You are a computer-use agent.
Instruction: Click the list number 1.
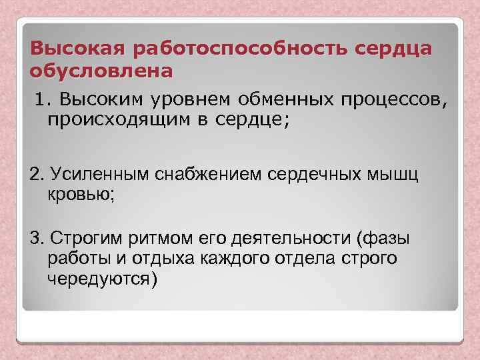point(43,100)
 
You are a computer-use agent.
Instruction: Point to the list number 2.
point(36,175)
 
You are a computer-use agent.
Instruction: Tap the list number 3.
point(36,238)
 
